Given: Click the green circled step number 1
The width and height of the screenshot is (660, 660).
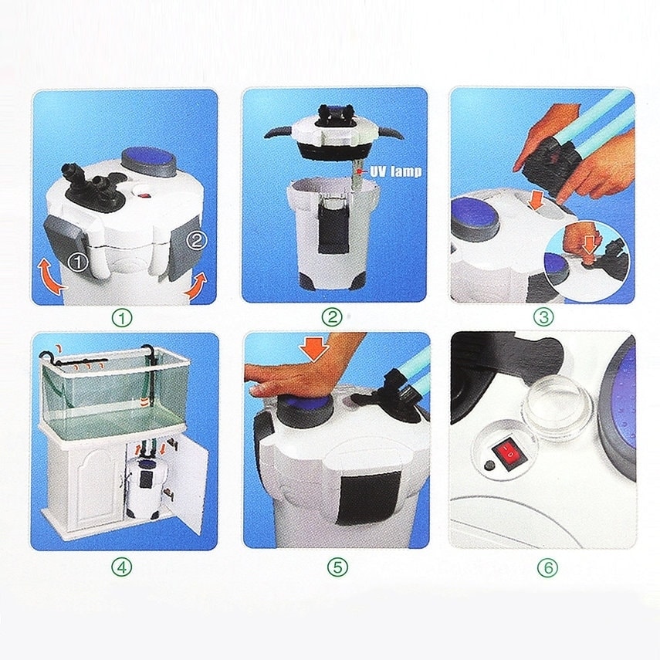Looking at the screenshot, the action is point(122,318).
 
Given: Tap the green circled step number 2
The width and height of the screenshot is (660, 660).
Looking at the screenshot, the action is point(332,317).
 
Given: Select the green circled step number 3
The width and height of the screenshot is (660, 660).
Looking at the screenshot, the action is point(543,317).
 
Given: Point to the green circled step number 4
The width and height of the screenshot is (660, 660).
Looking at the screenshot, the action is point(122,567).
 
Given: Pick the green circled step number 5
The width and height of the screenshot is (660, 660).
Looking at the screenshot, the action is point(338,567).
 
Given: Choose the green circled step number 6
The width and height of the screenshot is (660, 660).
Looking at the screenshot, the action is point(547,568).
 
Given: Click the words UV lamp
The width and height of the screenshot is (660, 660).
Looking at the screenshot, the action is point(395,171).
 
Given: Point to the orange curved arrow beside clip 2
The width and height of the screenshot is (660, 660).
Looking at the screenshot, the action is point(195,286).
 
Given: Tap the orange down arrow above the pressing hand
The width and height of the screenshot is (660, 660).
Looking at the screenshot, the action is point(314,347).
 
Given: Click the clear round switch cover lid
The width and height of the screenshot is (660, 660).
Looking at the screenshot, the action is point(557,403).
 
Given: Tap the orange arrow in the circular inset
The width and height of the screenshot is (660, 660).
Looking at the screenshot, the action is point(589,245).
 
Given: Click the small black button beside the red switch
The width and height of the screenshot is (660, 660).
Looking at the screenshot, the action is point(489,465).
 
